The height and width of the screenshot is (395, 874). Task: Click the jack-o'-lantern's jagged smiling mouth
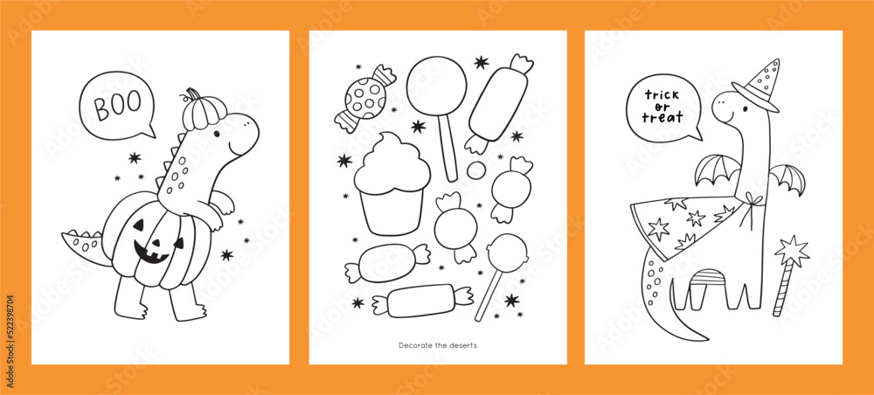tap(152, 252)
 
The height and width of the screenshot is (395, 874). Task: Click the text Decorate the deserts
tap(438, 345)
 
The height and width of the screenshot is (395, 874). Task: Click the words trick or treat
tap(664, 106)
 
